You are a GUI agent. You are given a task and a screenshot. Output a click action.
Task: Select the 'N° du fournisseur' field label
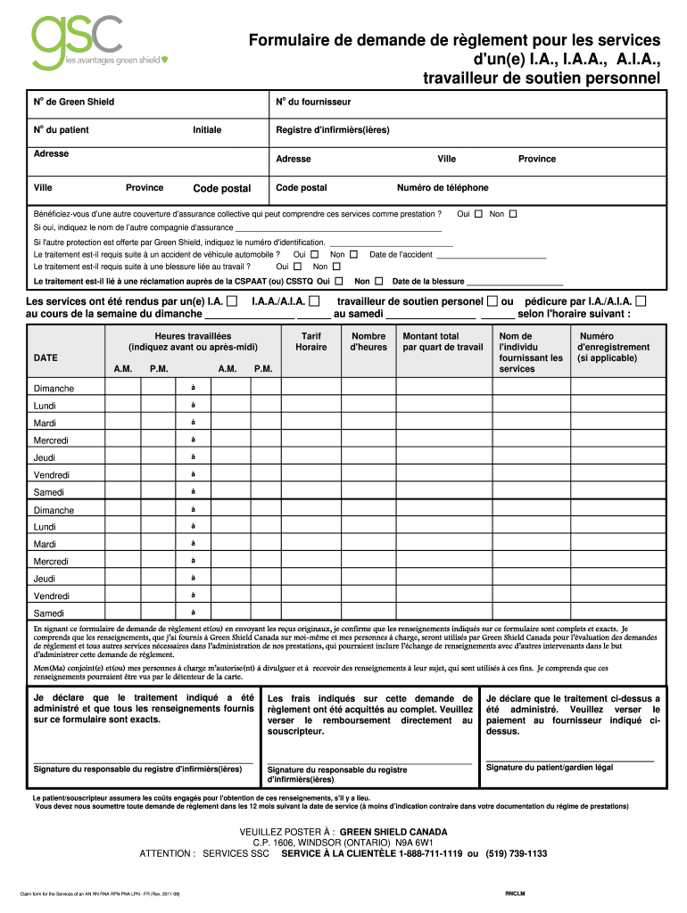point(313,103)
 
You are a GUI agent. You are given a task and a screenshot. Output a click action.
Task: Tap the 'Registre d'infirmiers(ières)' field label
point(333,130)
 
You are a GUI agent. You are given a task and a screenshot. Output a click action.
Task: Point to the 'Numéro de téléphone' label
point(443,188)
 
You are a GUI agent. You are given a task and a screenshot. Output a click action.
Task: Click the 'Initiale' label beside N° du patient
point(207,130)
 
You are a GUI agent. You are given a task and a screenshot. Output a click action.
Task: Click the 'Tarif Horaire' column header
point(311,341)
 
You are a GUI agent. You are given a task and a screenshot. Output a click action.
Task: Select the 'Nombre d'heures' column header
point(368,341)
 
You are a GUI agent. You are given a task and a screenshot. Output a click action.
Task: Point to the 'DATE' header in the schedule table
point(46,358)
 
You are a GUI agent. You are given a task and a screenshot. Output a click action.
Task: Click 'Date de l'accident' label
point(401,255)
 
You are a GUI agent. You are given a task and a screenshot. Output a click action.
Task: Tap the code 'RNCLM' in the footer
point(516,893)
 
